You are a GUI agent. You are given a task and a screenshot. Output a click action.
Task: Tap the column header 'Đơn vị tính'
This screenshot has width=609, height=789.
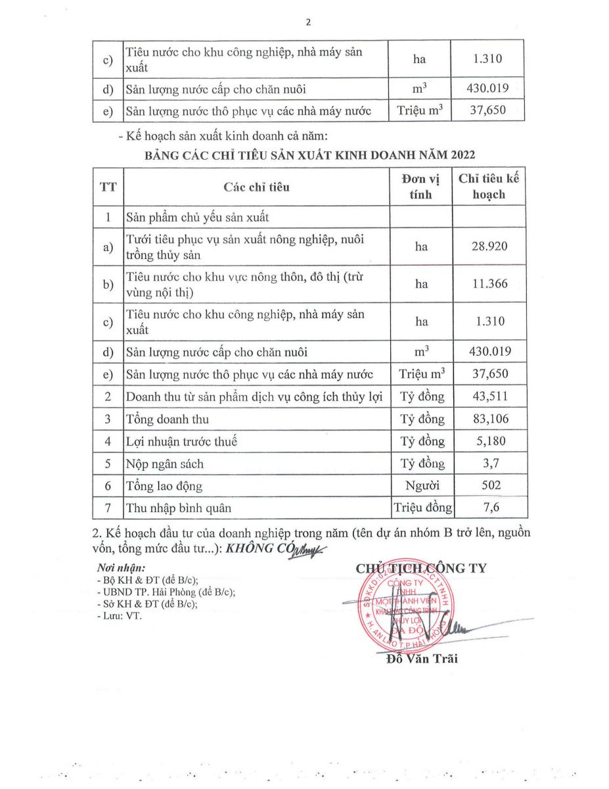coord(421,187)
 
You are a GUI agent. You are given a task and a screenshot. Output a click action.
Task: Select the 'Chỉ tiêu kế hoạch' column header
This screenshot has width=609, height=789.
coord(489,187)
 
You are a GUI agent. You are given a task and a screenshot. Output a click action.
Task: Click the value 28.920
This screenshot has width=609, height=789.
coord(489,247)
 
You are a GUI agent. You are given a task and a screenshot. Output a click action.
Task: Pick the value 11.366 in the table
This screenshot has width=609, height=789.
coord(489,284)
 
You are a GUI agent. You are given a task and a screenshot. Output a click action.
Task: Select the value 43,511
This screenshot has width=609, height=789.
coord(489,396)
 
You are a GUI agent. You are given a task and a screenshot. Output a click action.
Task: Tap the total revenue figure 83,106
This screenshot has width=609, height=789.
coord(489,419)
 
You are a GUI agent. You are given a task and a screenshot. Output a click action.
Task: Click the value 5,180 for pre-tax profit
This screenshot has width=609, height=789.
coord(489,441)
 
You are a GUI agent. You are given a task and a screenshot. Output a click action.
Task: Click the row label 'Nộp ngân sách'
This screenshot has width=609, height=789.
coord(165,464)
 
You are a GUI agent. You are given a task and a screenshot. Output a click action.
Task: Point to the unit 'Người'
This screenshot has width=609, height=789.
coord(421,486)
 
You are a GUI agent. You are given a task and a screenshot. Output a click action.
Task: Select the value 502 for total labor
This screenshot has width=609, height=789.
coord(489,486)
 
